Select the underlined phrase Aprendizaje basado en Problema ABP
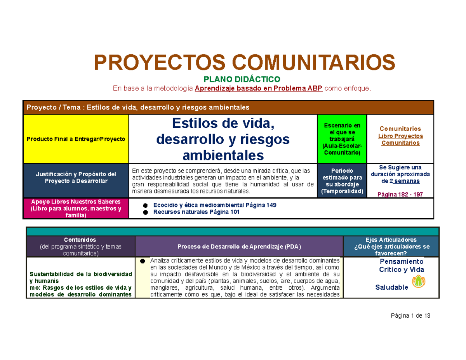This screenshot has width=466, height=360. click(x=258, y=89)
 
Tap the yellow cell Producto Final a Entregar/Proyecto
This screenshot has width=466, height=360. click(x=76, y=139)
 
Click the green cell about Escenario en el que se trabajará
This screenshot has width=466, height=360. click(x=342, y=139)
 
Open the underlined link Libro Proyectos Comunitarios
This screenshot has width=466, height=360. click(x=400, y=139)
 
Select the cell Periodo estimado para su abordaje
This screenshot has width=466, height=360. click(x=342, y=181)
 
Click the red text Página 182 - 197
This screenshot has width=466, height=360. click(x=400, y=194)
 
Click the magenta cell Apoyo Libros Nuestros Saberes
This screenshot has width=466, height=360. click(x=76, y=209)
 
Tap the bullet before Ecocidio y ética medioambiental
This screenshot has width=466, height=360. click(x=145, y=205)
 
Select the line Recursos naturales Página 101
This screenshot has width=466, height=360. click(x=196, y=212)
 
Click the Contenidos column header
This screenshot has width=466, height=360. click(x=81, y=246)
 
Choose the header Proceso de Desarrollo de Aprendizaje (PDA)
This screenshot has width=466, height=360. click(x=239, y=247)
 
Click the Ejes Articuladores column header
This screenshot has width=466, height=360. click(x=391, y=246)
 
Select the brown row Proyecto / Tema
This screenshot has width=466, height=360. click(x=228, y=107)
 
